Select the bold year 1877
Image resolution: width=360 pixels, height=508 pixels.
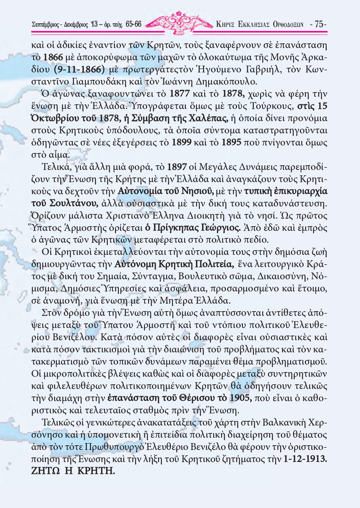[179, 94]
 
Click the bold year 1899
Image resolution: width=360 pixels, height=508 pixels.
[182, 142]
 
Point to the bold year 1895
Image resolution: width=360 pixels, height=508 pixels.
[231, 142]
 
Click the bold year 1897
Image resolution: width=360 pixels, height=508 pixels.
[177, 167]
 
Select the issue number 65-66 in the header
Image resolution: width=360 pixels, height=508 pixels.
[134, 24]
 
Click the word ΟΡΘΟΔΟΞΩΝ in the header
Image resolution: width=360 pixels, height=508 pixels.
[288, 25]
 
